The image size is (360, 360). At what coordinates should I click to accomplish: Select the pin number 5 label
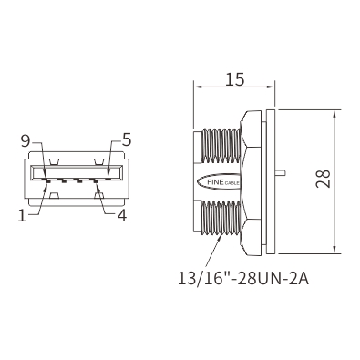(127, 140)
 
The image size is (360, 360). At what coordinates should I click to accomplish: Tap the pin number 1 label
(22, 215)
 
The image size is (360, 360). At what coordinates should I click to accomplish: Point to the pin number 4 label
(121, 215)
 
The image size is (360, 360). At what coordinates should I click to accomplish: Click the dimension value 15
(234, 79)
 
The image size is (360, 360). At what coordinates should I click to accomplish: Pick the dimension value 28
(324, 179)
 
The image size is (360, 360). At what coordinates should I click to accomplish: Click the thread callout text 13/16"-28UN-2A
(243, 279)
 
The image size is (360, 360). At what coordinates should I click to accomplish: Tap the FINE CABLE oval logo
(219, 182)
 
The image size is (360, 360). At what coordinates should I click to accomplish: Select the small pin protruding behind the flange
(281, 172)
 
